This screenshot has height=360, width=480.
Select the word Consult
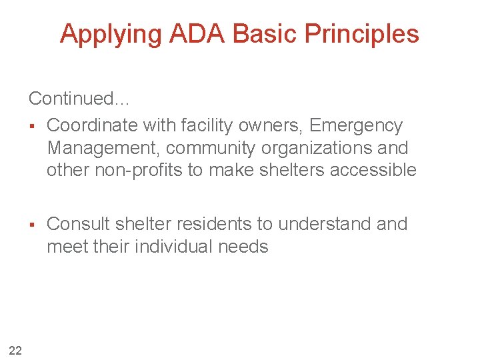coord(77,224)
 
